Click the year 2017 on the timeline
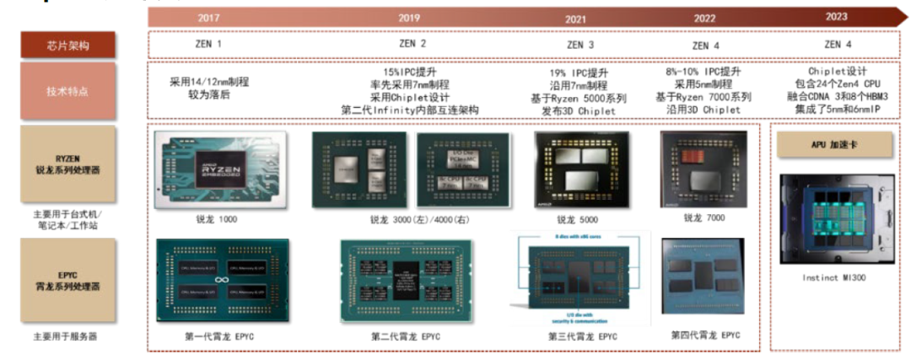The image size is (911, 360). [208, 18]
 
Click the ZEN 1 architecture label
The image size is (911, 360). [208, 44]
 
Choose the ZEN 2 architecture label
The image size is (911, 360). [412, 44]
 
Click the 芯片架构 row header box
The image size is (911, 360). [68, 46]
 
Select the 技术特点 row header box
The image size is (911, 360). [68, 91]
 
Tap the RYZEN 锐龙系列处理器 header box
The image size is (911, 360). [68, 164]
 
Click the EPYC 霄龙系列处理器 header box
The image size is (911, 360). [68, 280]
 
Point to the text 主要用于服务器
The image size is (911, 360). [65, 336]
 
